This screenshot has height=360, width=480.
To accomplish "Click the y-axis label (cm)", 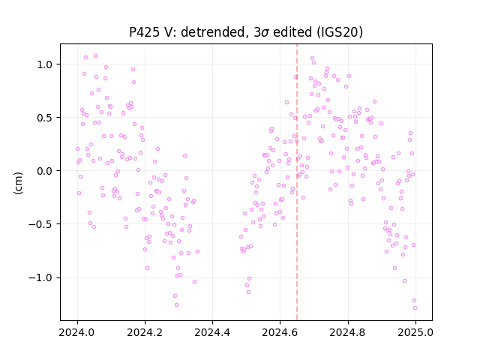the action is click(18, 183).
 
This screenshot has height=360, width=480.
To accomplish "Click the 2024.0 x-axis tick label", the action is click(77, 332).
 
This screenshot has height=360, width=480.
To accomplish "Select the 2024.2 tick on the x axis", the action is click(145, 332).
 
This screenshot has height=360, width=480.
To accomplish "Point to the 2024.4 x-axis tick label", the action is click(212, 332).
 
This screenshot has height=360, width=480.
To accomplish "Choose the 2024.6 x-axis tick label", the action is click(280, 332).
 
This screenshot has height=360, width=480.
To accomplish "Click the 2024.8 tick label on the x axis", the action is click(348, 332).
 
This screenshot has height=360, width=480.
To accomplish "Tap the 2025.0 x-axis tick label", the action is click(415, 332).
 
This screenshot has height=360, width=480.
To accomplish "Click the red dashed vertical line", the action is click(297, 182).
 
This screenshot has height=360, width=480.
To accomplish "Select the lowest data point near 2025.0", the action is click(415, 308).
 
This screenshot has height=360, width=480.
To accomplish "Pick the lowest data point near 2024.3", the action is click(177, 305).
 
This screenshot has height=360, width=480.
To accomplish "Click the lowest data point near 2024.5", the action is click(248, 292).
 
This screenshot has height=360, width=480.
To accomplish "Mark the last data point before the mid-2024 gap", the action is click(197, 252).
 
